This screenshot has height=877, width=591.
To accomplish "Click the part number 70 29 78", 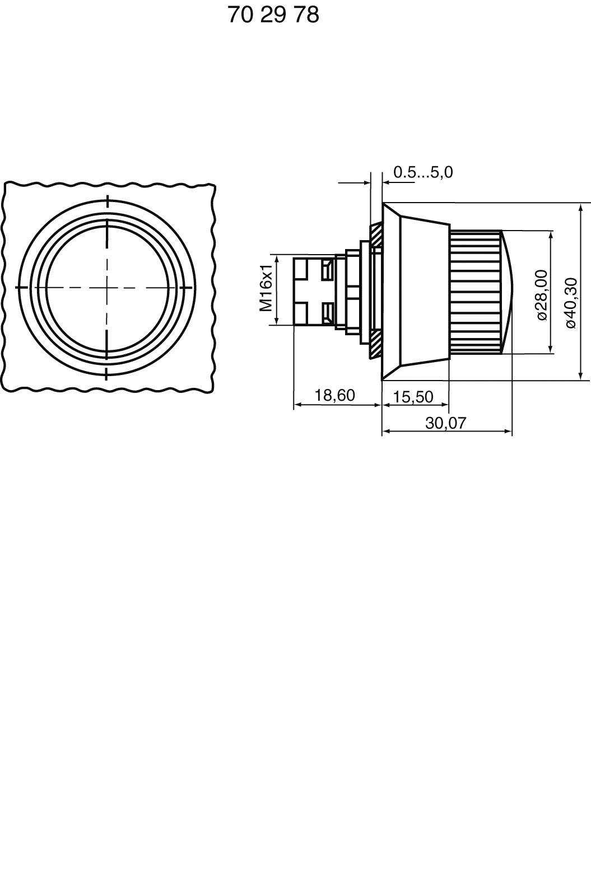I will pos(273,15).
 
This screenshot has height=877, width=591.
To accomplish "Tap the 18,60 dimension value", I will pos(334,395).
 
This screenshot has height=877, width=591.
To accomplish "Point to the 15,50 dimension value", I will pos(413,397).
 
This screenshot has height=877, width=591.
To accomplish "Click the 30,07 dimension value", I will pos(445,423).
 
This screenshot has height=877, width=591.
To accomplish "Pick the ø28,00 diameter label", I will pos(541,294).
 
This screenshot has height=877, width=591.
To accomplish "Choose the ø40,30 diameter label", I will pos(570,302).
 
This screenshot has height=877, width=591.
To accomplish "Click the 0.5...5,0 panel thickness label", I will pos(423,172).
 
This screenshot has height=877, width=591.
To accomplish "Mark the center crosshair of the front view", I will pos(107,287).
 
